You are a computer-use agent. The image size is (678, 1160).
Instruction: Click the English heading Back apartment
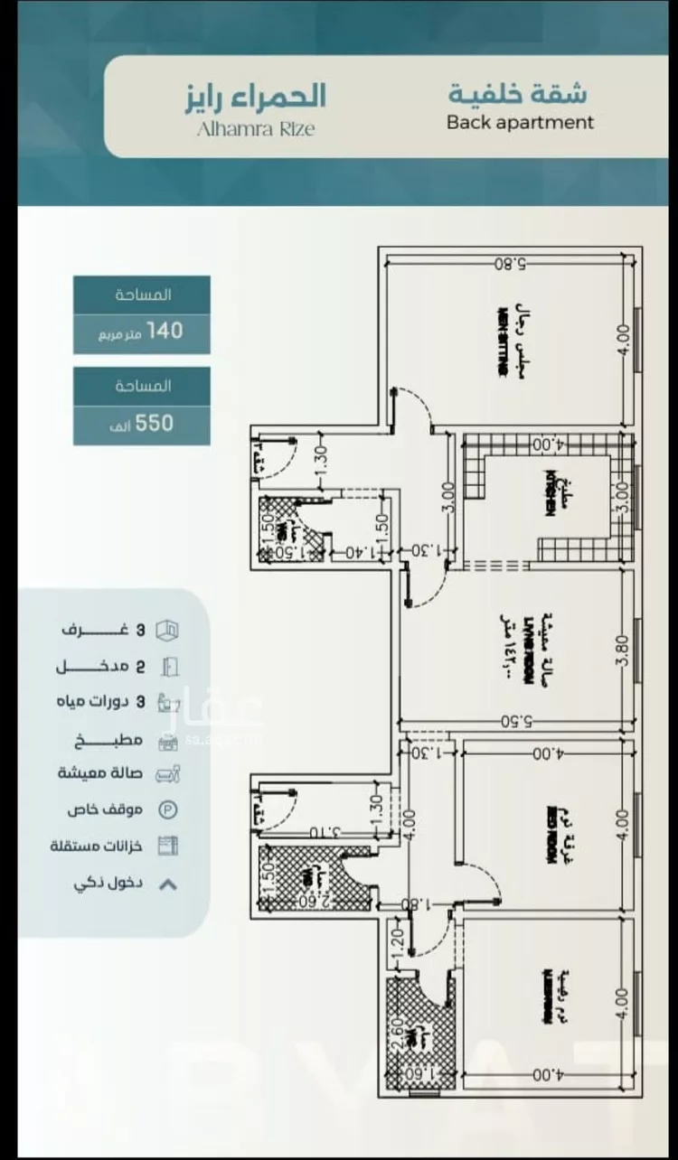coord(520,122)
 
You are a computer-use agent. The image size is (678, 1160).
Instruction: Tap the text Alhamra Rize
coord(256,128)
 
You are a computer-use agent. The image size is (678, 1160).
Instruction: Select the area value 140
coord(165,331)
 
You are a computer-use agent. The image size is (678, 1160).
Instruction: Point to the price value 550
coord(154,422)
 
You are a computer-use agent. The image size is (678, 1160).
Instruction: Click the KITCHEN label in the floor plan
coord(549,492)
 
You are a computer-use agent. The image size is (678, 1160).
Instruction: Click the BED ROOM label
coord(549,837)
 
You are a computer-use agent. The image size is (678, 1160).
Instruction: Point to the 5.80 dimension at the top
coord(511,264)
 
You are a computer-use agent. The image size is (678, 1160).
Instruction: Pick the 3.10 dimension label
coord(322,831)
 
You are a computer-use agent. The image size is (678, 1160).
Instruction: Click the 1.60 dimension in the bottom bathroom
coord(423,1072)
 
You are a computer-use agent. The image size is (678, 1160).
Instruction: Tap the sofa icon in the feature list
coord(168,773)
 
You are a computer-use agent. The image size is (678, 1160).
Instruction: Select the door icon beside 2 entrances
coord(169,667)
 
